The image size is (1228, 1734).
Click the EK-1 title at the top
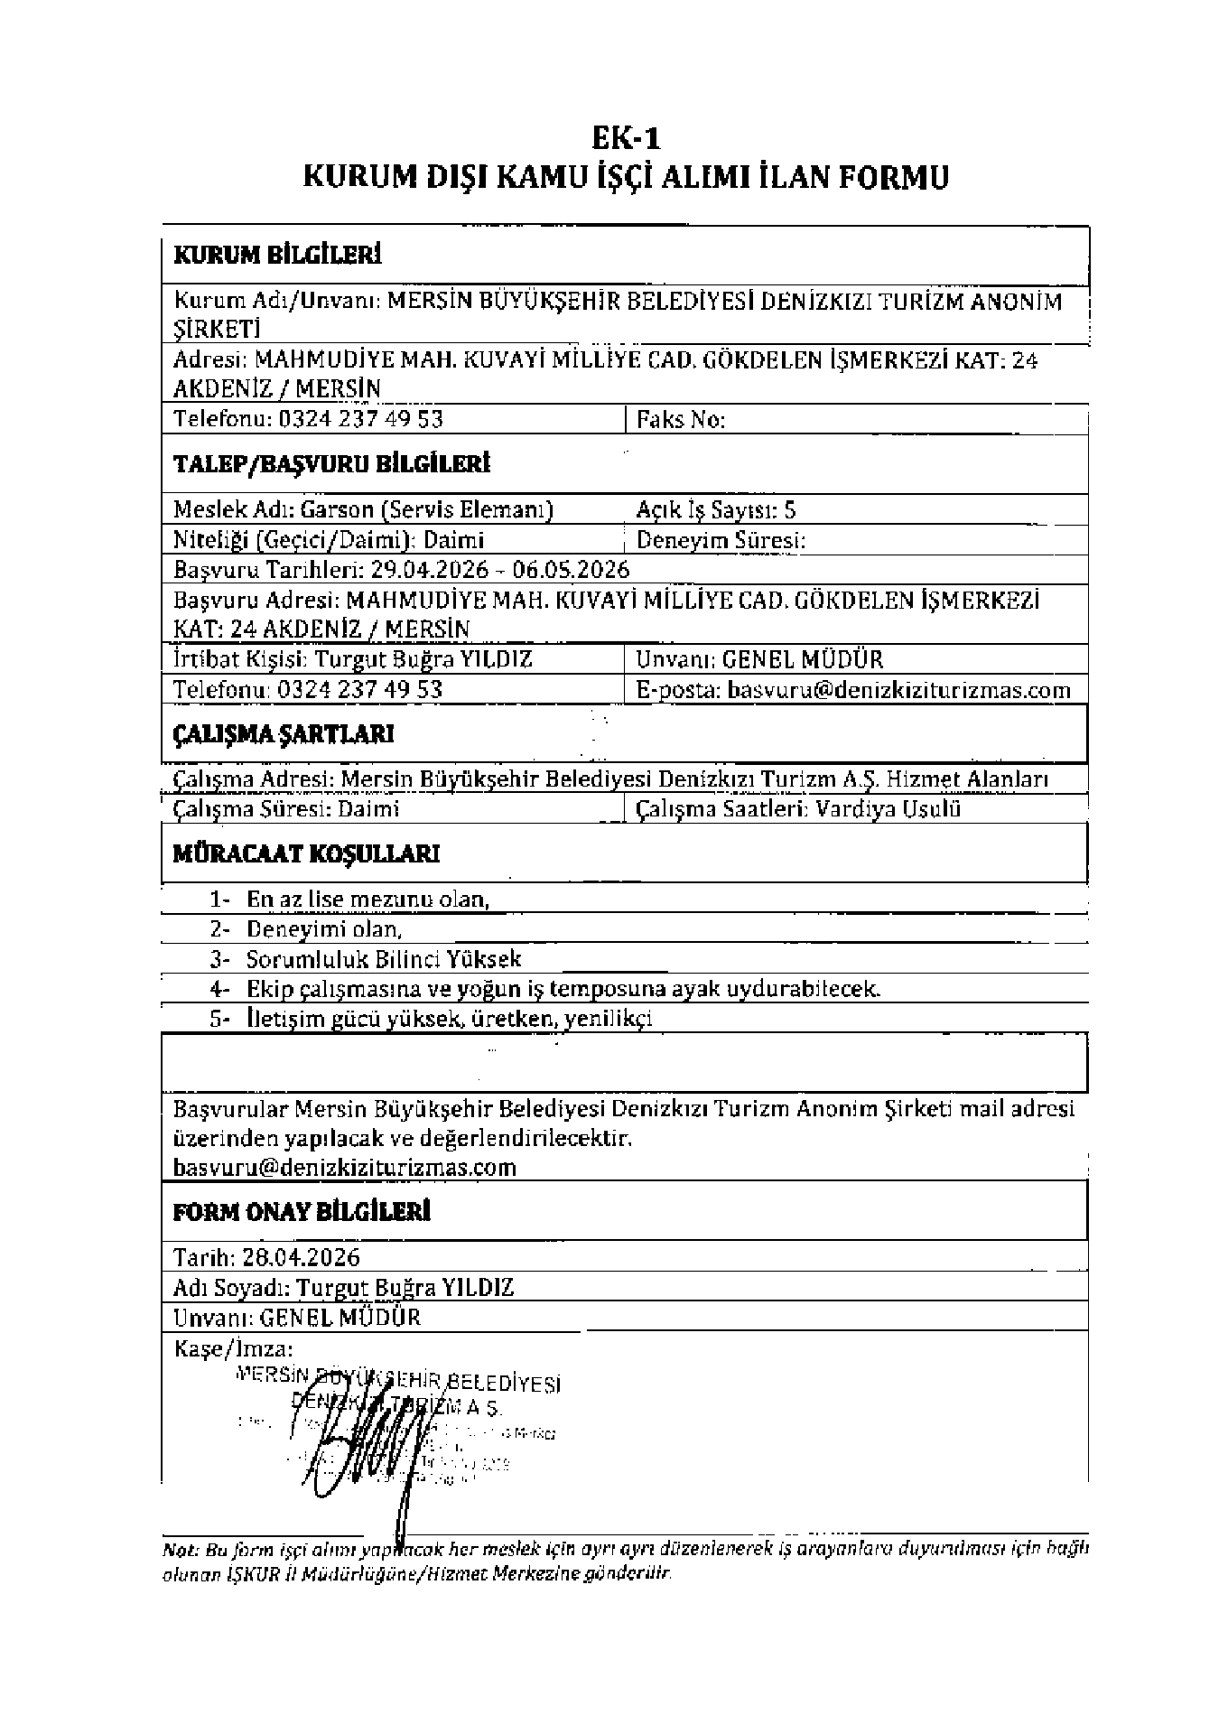click(626, 139)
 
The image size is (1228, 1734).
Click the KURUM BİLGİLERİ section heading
click(277, 256)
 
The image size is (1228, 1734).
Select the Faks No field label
click(681, 420)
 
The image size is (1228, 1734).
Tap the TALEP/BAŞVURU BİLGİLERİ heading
click(331, 465)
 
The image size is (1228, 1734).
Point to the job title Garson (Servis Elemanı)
click(427, 510)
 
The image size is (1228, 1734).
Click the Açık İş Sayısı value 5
click(790, 510)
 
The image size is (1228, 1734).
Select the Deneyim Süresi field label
click(721, 541)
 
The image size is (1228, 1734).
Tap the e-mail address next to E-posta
click(898, 691)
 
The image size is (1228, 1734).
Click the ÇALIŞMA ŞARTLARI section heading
click(283, 734)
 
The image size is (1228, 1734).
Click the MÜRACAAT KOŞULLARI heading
click(306, 854)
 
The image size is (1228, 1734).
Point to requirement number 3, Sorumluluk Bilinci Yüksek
click(384, 959)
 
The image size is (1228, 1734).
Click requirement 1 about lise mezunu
click(367, 900)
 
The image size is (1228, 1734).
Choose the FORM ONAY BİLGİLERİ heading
click(302, 1212)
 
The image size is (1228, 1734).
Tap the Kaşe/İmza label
click(233, 1349)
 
